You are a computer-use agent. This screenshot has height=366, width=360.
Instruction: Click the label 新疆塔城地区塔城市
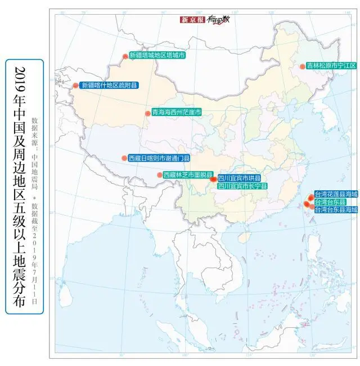(157, 55)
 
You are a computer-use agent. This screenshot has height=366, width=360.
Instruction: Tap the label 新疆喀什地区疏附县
(109, 86)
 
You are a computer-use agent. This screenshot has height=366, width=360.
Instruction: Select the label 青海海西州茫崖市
(177, 113)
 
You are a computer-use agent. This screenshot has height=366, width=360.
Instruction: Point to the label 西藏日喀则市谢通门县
(159, 158)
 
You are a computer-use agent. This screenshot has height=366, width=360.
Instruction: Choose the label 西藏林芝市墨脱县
(188, 175)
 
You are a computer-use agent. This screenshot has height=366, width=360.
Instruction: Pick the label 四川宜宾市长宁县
(242, 185)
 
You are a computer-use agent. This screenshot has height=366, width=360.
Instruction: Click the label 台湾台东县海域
(336, 209)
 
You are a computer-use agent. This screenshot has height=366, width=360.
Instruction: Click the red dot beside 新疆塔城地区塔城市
(125, 56)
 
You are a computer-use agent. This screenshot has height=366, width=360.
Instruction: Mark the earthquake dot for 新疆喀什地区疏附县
(76, 86)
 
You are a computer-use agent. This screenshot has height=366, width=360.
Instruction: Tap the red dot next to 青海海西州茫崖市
(147, 113)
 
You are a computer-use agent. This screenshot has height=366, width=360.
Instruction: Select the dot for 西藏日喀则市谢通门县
(124, 158)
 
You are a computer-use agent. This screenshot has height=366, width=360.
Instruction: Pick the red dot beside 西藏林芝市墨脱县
(160, 175)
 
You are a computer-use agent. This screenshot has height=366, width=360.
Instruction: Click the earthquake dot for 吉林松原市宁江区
(302, 66)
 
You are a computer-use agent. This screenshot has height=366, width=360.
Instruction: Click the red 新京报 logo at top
(192, 20)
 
